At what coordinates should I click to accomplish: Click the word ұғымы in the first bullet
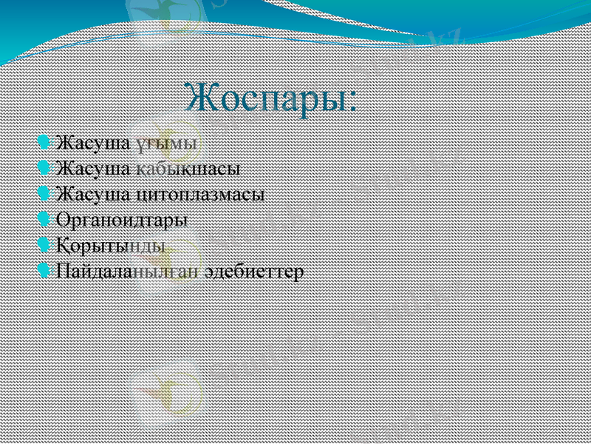(166, 142)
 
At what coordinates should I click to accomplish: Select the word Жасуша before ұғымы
(94, 142)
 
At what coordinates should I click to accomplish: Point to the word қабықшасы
(188, 169)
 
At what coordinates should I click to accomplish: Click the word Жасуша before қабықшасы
(94, 169)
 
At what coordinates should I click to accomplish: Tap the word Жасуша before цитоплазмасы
(94, 195)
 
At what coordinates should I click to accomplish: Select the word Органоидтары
(122, 221)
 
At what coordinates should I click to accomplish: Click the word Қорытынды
(111, 246)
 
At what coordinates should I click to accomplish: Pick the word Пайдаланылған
(128, 272)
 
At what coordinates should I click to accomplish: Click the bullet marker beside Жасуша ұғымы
(44, 141)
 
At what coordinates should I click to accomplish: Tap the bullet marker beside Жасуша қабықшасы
(44, 168)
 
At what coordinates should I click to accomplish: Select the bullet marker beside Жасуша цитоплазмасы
(44, 194)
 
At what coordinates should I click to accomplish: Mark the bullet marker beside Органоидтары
(44, 220)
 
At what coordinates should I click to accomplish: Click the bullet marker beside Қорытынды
(44, 245)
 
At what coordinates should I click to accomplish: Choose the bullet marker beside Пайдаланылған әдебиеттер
(44, 271)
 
